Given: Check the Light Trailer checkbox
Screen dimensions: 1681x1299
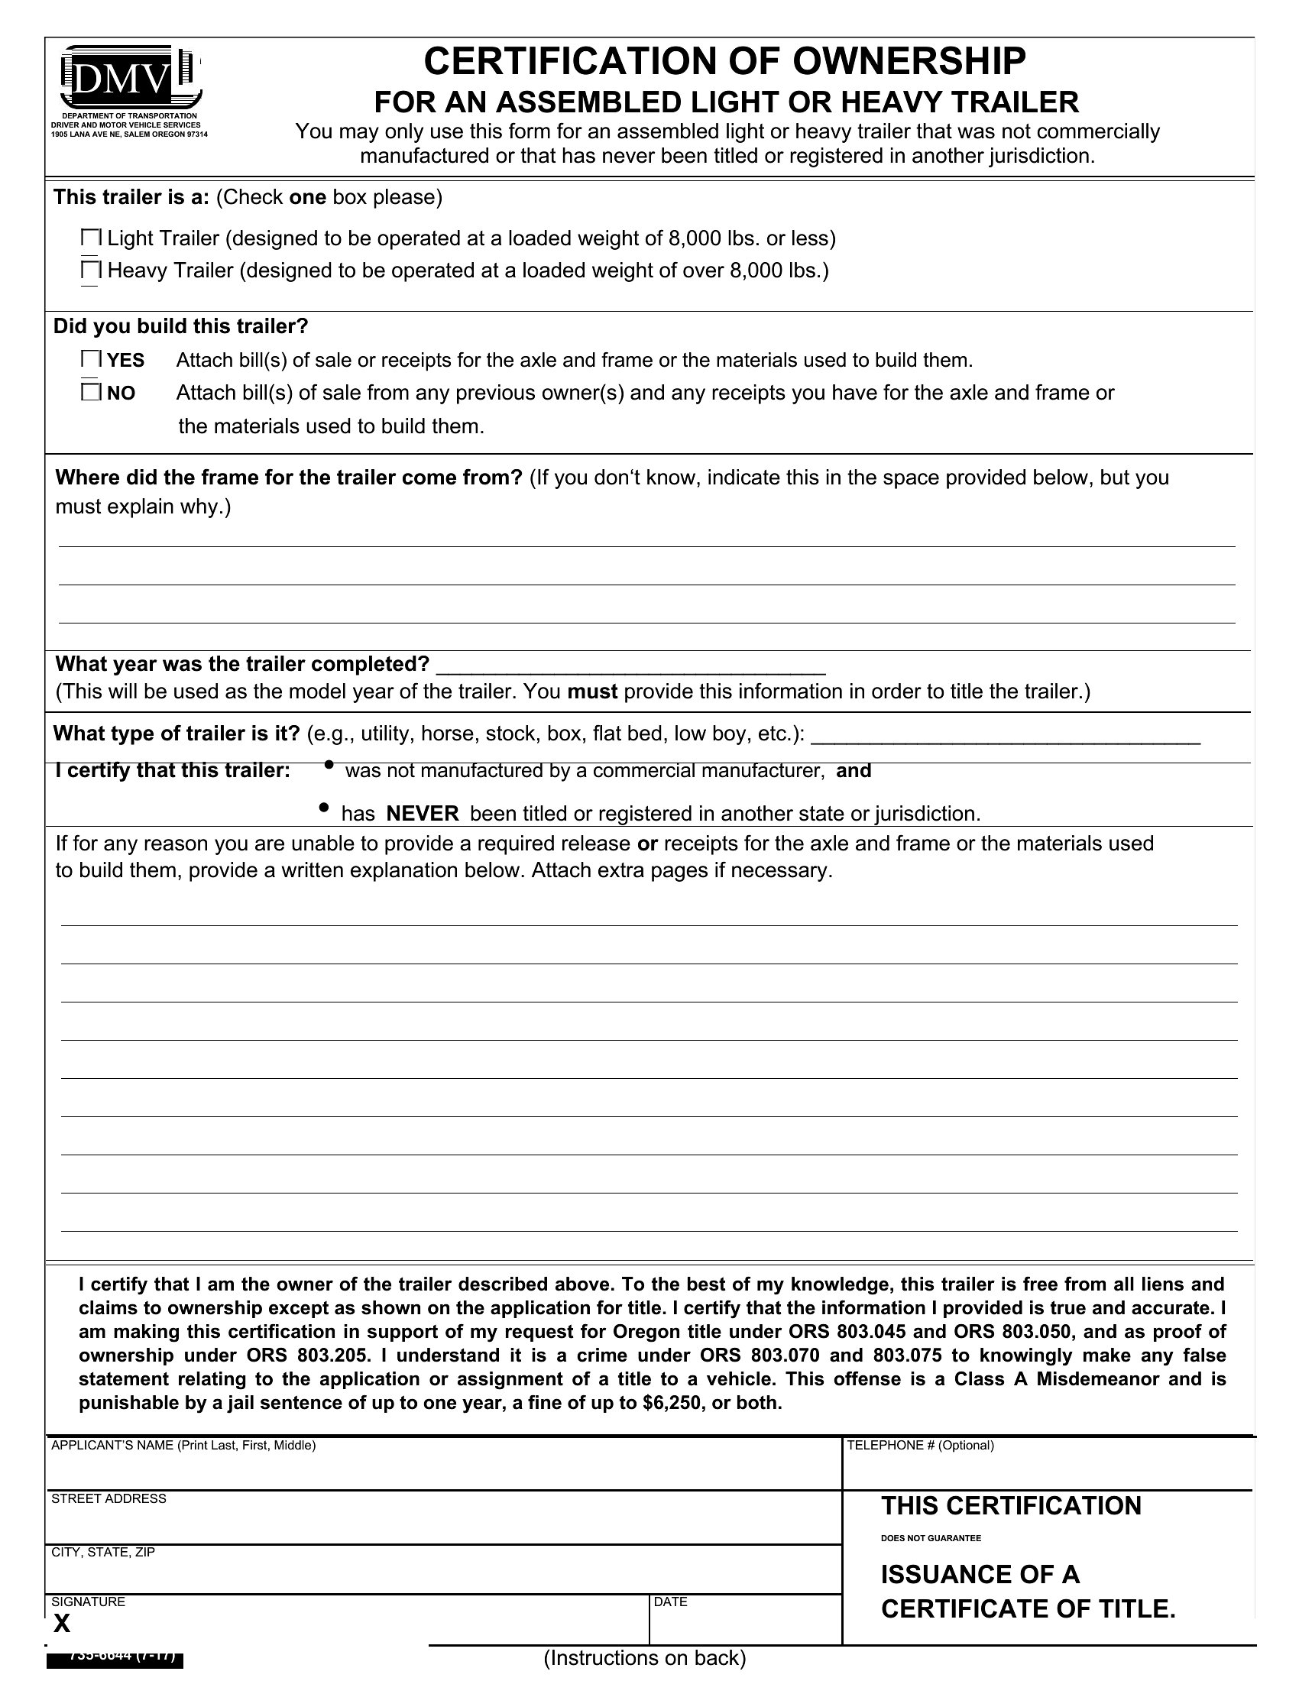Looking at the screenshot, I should coord(91,238).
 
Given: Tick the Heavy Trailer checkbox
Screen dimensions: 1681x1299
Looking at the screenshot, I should coord(91,271).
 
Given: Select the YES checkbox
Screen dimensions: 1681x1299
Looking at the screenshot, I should coord(91,359).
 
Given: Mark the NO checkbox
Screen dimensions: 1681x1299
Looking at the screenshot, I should coord(91,393).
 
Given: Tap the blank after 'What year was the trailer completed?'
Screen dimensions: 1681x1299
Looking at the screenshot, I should coord(630,665).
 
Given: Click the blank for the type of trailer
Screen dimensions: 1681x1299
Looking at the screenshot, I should coord(1005,734).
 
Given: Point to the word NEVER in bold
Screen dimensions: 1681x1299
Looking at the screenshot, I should coord(423,814).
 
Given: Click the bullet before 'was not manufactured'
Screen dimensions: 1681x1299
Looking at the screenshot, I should coord(329,765).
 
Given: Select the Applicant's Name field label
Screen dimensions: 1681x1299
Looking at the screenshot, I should coord(183,1446).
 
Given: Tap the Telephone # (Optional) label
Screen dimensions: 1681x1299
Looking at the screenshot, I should coord(921,1446).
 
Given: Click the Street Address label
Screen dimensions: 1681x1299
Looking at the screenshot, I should coord(109,1498).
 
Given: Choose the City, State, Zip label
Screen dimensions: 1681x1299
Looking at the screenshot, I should coord(103,1552).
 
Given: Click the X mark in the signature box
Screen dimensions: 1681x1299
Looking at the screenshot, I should coord(62,1623).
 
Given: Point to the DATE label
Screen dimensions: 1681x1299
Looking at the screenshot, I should coord(670,1602).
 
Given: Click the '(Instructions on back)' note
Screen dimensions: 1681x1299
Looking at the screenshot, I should coord(645,1657).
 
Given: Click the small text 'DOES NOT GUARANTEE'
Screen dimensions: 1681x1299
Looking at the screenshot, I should coord(931,1539).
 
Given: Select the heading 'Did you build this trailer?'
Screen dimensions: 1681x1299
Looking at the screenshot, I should coord(181,326).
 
